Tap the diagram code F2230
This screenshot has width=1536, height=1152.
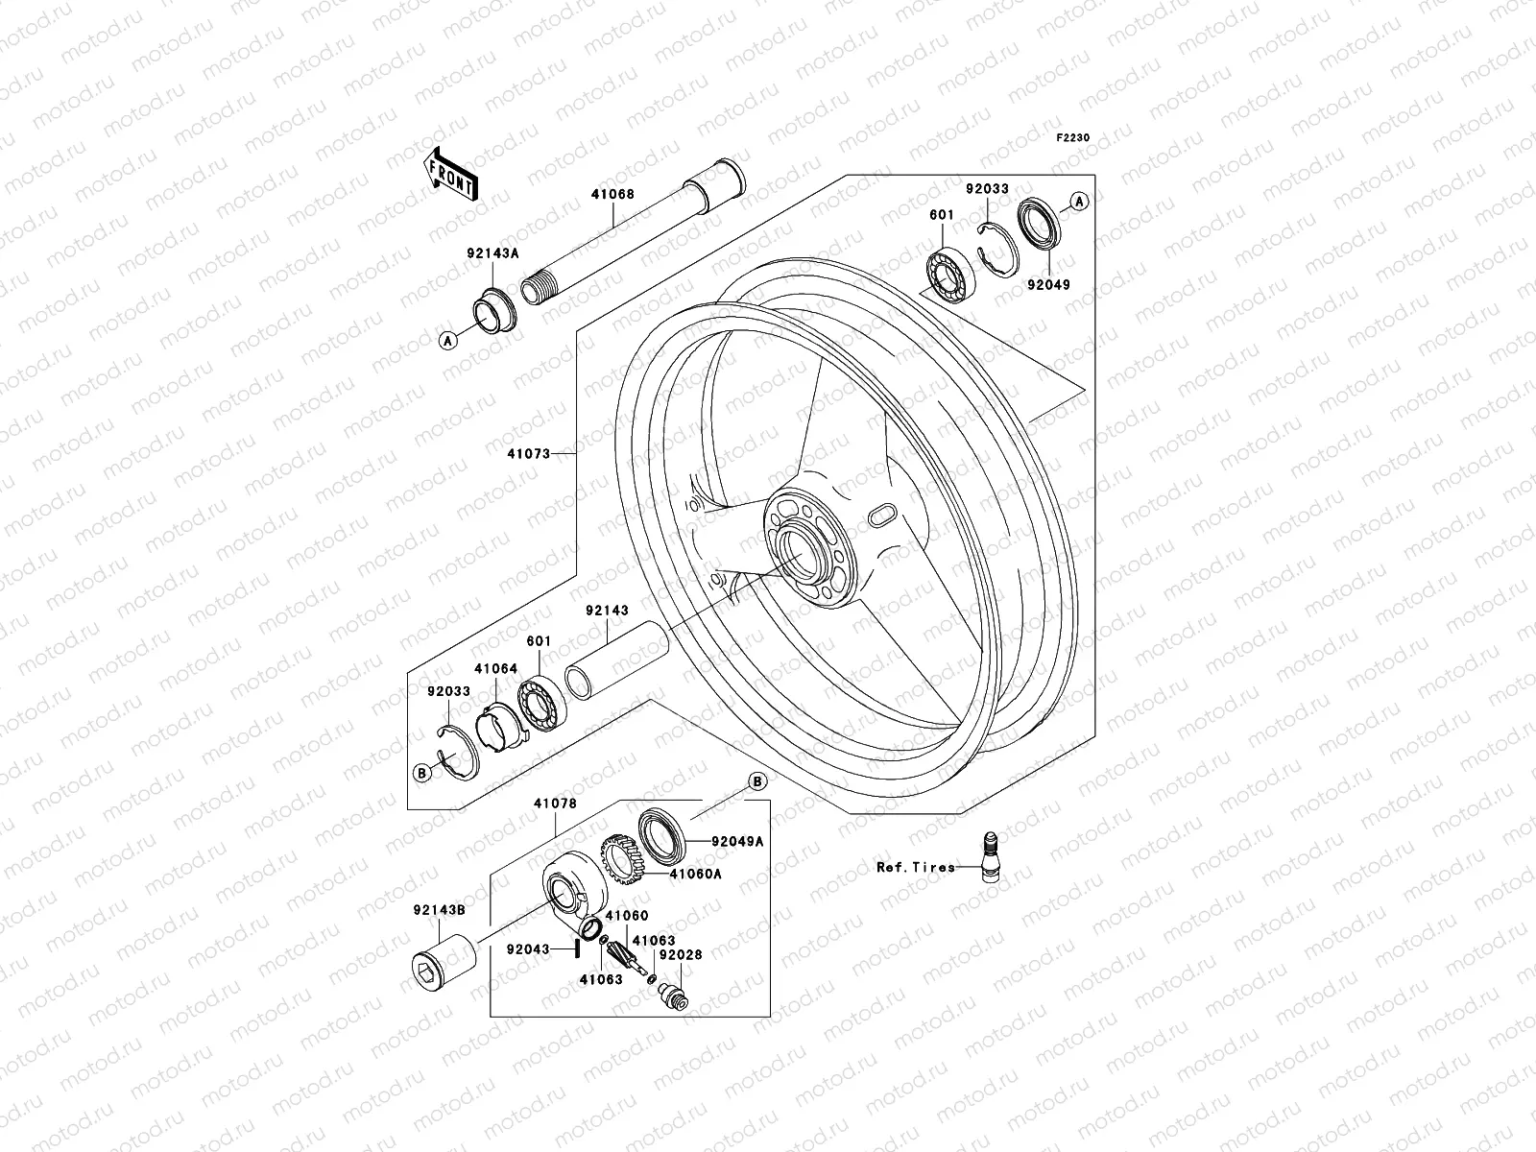tap(1073, 138)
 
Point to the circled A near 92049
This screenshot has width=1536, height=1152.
tap(1078, 202)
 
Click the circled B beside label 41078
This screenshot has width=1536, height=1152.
tap(756, 782)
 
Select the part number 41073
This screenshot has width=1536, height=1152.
tap(530, 453)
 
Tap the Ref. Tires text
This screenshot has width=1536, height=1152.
tap(915, 867)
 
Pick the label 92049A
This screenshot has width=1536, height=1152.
tap(737, 842)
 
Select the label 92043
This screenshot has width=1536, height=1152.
tap(528, 949)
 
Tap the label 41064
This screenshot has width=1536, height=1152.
tap(495, 669)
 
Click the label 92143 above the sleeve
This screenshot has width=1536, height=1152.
tap(607, 611)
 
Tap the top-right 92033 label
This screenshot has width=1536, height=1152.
tap(987, 189)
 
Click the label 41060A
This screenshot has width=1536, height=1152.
tap(696, 875)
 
